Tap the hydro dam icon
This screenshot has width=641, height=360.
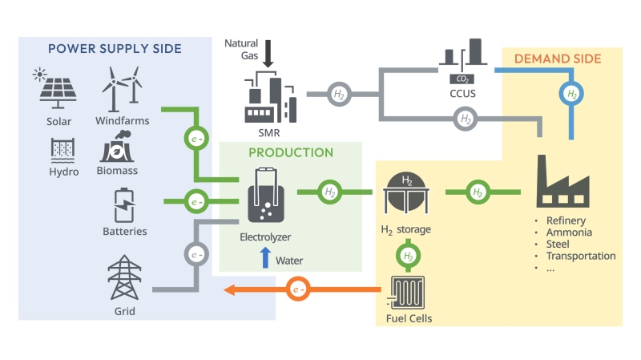pos(62,151)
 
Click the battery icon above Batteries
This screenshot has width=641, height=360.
pos(123,205)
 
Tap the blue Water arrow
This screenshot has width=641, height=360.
pos(265,258)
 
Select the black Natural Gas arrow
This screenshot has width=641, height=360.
pos(268,55)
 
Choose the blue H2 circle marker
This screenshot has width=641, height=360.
pos(570,94)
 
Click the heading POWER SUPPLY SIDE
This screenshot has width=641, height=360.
pos(115,48)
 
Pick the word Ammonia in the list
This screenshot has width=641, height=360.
pos(570,233)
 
